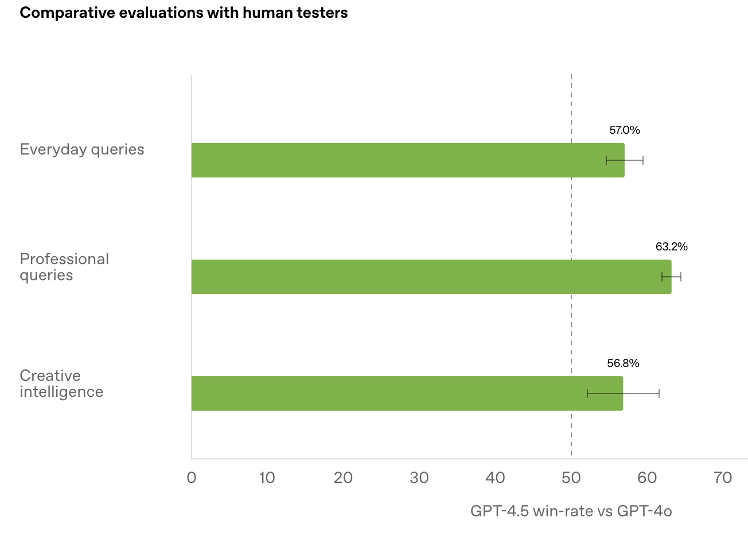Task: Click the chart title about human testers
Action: pyautogui.click(x=184, y=13)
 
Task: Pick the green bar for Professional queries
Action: pyautogui.click(x=430, y=277)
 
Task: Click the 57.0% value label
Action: pyautogui.click(x=624, y=130)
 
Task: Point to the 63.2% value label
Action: pyautogui.click(x=671, y=247)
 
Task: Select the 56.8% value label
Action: pyautogui.click(x=623, y=364)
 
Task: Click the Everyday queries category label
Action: pyautogui.click(x=82, y=150)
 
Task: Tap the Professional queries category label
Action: pyautogui.click(x=64, y=267)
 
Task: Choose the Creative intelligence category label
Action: pyautogui.click(x=61, y=384)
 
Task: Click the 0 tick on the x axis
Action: pyautogui.click(x=192, y=478)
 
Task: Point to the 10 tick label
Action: pyautogui.click(x=267, y=478)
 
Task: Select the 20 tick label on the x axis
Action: pyautogui.click(x=343, y=478)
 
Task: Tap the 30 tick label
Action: pyautogui.click(x=419, y=478)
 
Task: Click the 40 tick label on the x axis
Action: pyautogui.click(x=495, y=478)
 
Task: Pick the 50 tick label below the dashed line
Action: pyautogui.click(x=571, y=478)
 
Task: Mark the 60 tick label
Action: pyautogui.click(x=647, y=478)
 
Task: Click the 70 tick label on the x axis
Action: pyautogui.click(x=723, y=478)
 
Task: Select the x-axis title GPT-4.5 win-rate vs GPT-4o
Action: pyautogui.click(x=571, y=511)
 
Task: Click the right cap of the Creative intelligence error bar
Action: pyautogui.click(x=659, y=393)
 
